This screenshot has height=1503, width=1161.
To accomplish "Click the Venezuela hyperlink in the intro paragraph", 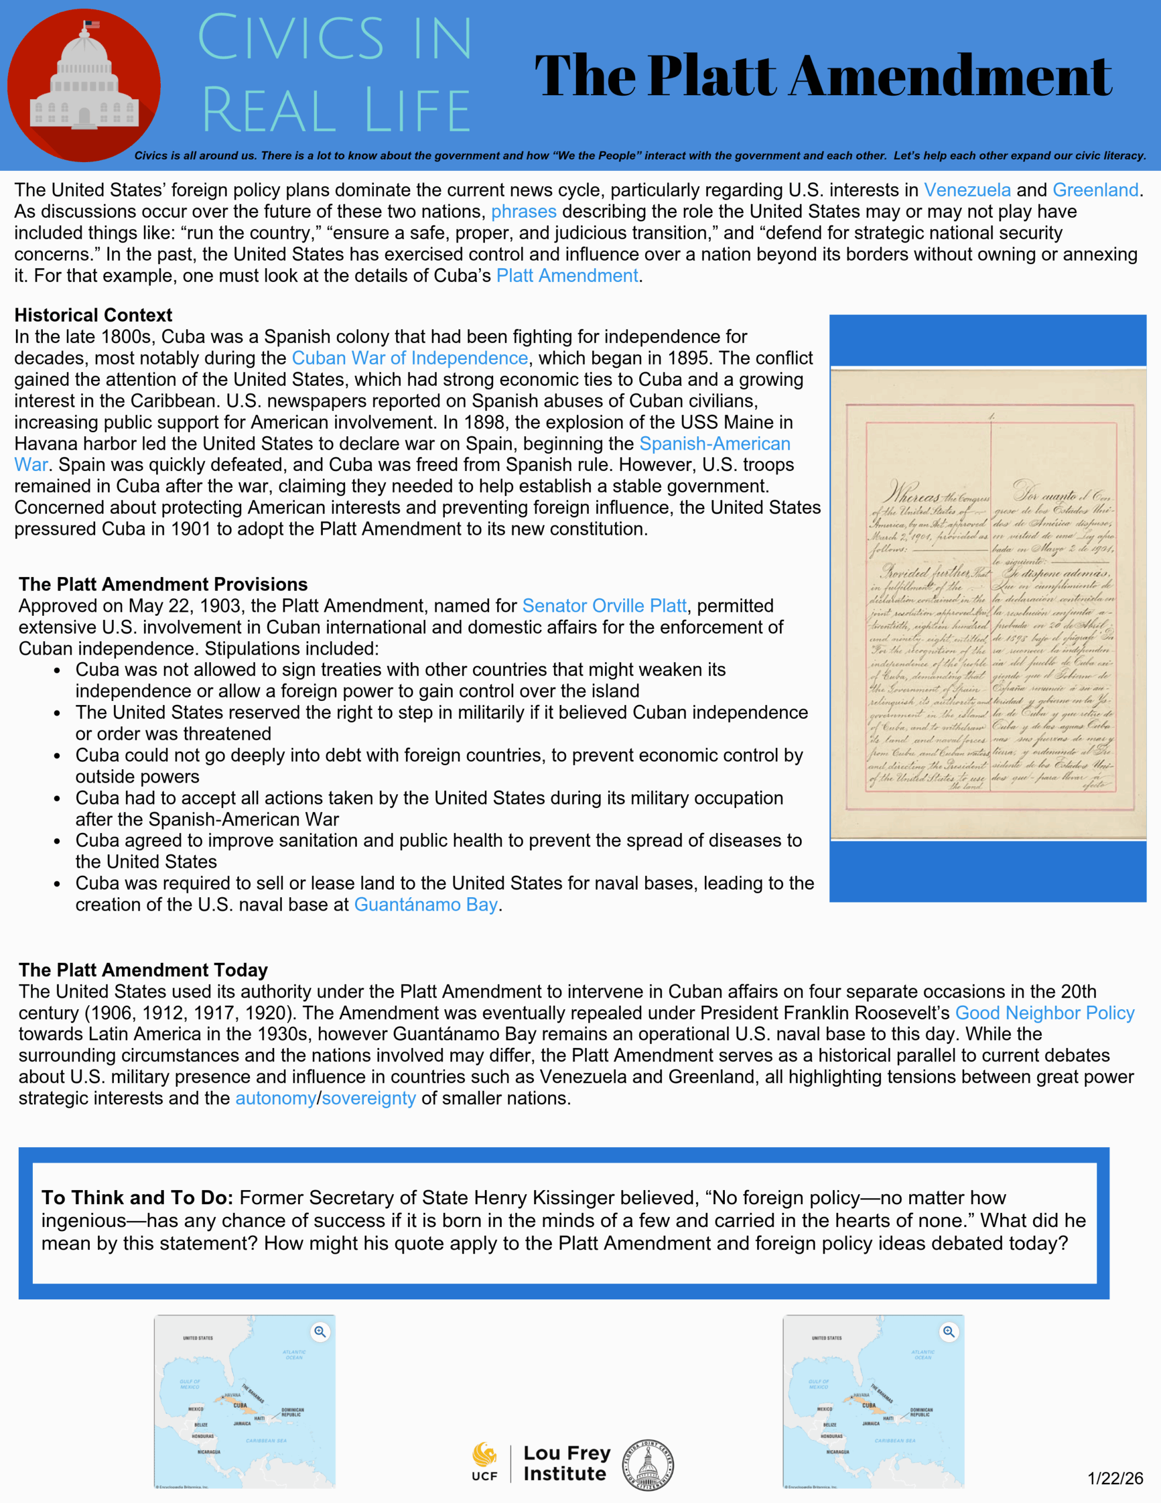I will (x=967, y=190).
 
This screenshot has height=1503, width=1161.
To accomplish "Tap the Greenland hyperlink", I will (x=1095, y=190).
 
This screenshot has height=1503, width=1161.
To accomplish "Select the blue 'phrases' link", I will (x=523, y=211).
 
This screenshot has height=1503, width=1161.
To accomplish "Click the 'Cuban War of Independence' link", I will (x=410, y=358).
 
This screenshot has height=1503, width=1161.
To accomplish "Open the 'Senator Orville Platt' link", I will (x=603, y=606).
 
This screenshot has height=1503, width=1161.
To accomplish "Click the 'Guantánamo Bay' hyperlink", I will (x=426, y=904).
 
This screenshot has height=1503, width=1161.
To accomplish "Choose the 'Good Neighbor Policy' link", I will (x=1044, y=1013).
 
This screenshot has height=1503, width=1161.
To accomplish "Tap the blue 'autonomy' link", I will (x=275, y=1098).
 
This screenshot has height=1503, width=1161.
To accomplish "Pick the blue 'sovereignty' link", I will (x=369, y=1098).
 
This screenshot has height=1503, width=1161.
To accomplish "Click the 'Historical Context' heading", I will (x=93, y=315).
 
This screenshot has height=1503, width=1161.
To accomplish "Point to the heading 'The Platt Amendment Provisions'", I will (x=163, y=584).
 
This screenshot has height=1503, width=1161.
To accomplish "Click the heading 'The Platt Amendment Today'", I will (x=143, y=970).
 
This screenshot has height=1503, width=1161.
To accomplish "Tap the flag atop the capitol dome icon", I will (x=92, y=25).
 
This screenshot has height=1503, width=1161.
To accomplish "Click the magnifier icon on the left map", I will (x=320, y=1332).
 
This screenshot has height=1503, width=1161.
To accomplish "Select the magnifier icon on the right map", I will (x=949, y=1332).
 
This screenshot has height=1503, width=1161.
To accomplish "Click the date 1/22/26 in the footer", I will (x=1115, y=1478).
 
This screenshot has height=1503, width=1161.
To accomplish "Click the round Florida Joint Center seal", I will (x=647, y=1464).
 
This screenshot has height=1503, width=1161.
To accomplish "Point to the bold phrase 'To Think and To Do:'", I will (x=137, y=1198).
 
